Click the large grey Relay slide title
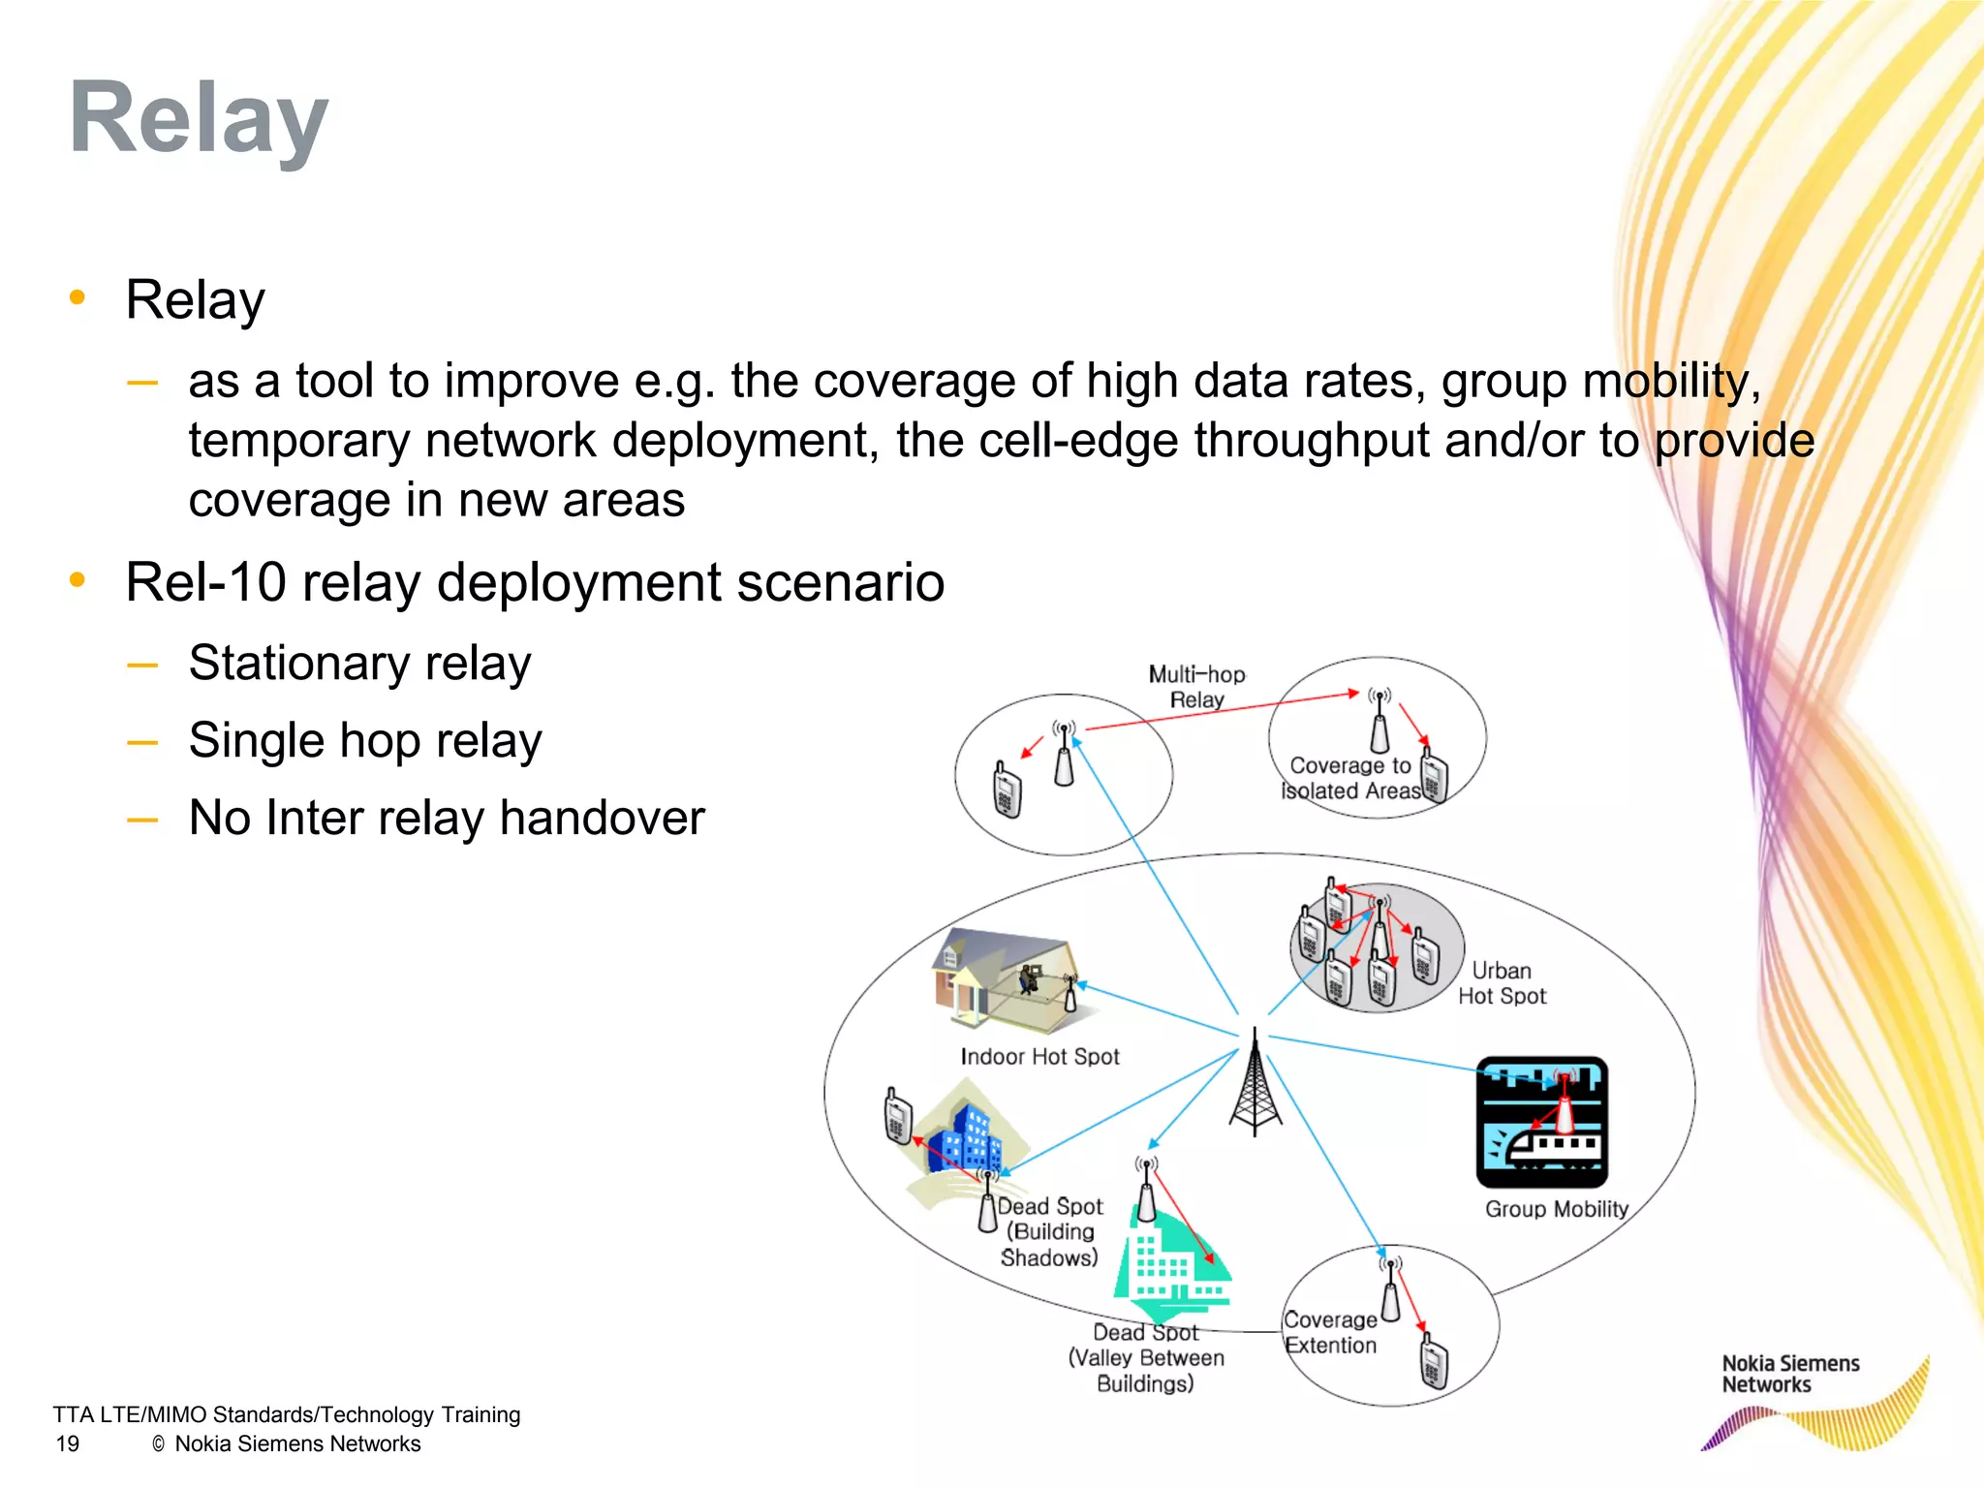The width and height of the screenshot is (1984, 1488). click(x=199, y=118)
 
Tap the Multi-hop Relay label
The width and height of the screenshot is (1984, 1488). click(x=1196, y=686)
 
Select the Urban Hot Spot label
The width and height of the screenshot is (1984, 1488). click(x=1502, y=983)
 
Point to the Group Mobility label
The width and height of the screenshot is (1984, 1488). click(x=1556, y=1209)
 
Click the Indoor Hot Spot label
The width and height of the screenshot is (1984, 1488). click(x=1039, y=1057)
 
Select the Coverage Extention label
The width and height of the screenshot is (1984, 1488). click(x=1330, y=1333)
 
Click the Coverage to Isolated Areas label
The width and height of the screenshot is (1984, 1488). click(x=1349, y=778)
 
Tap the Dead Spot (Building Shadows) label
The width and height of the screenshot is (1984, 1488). click(x=1050, y=1232)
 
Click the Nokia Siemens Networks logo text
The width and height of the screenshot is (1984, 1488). click(x=1789, y=1374)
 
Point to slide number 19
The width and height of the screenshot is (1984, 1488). click(x=68, y=1444)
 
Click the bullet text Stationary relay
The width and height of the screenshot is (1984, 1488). click(x=359, y=664)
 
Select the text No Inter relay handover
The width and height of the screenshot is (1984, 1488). click(x=447, y=818)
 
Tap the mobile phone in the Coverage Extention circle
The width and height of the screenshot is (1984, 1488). click(x=1434, y=1360)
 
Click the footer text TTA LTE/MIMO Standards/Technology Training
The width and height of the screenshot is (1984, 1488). click(x=287, y=1414)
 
